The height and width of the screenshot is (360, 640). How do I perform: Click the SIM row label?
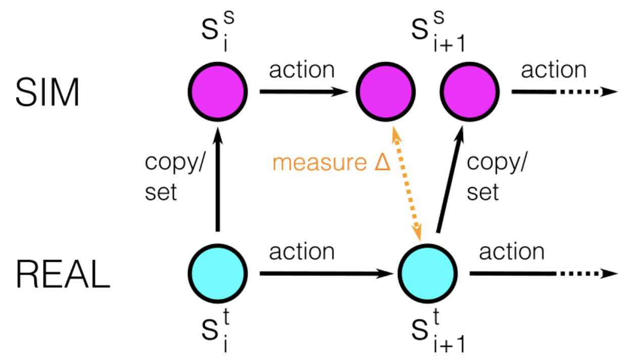tap(47, 93)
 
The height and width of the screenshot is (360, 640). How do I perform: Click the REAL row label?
tap(63, 274)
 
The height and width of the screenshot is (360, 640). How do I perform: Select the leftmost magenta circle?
tap(218, 92)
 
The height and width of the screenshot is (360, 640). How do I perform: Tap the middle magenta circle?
tap(386, 92)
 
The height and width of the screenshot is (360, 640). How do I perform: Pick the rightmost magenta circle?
tap(470, 92)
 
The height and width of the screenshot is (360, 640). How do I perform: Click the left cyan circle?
tap(218, 274)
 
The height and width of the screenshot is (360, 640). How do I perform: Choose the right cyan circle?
tap(428, 274)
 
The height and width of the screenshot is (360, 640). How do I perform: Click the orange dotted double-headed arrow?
tap(406, 184)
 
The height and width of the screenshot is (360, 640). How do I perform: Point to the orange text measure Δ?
tap(332, 163)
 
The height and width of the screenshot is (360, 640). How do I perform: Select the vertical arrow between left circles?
tap(218, 179)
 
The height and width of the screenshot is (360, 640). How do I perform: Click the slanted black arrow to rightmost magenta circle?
tap(450, 179)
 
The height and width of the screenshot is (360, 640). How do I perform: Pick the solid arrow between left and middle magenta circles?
tap(304, 92)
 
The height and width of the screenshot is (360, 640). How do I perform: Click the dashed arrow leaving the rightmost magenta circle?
tap(565, 92)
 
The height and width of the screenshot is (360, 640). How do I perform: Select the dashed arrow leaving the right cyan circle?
tap(544, 274)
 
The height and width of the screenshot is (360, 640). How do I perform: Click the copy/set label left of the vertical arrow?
tap(175, 177)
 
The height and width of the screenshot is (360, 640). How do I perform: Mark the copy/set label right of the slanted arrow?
tap(497, 177)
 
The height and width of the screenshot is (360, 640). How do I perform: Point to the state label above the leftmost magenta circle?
tap(218, 31)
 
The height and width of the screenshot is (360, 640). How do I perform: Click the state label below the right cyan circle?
tap(438, 331)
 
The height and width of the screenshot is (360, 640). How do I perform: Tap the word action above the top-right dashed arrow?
tap(554, 70)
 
